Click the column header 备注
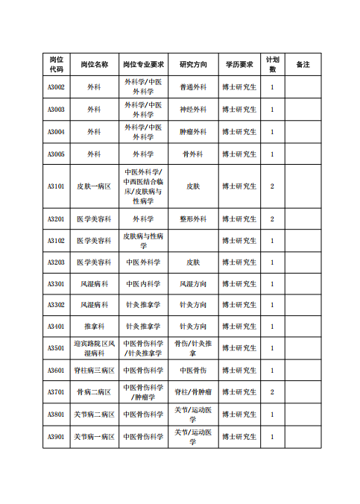(303, 64)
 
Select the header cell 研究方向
(193, 64)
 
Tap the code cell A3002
(56, 87)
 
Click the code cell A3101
(56, 186)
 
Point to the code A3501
(56, 347)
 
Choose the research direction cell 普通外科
(193, 87)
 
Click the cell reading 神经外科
(193, 110)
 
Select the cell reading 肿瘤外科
(193, 132)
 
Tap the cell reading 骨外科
(193, 154)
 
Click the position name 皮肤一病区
(94, 186)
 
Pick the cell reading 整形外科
(193, 219)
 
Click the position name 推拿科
(94, 327)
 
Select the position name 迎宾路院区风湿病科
(94, 347)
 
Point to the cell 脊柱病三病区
(94, 371)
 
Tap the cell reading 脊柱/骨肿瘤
(193, 392)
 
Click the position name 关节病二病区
(94, 415)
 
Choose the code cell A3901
(56, 437)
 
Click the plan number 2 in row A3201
(272, 219)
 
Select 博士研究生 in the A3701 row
(239, 392)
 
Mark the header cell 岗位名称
(94, 64)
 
